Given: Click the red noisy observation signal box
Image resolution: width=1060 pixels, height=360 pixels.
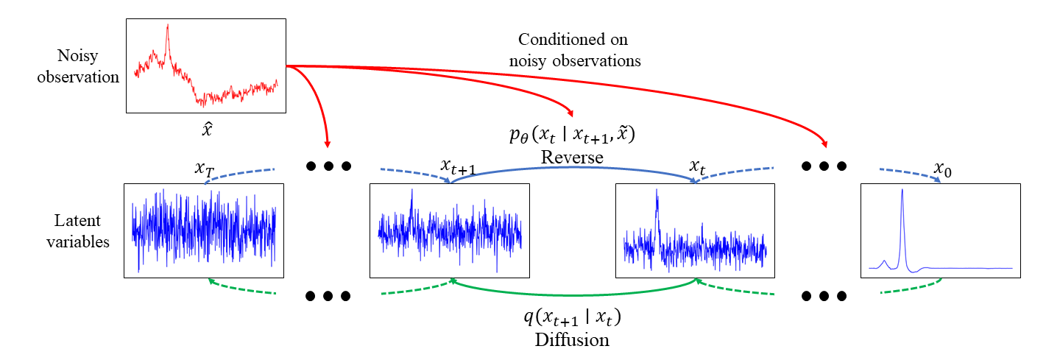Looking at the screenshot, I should [x=206, y=66].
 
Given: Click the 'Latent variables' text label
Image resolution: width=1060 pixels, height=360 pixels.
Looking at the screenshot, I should [x=82, y=230].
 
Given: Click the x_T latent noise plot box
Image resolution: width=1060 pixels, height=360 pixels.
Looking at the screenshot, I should [x=204, y=230].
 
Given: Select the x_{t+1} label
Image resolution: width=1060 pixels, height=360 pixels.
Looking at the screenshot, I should [x=456, y=166].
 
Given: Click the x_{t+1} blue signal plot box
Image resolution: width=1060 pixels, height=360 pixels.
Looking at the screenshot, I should [x=449, y=230].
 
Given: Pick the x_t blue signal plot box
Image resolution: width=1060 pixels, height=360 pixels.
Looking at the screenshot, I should [x=695, y=230].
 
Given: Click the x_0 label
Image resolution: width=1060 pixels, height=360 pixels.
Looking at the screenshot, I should [x=943, y=169].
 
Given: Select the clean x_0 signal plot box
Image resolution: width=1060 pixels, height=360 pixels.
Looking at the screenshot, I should [x=940, y=230].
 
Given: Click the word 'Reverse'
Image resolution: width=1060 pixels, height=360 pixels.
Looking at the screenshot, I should [x=572, y=158].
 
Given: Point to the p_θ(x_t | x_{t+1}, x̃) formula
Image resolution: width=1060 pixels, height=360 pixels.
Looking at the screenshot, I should [x=571, y=135].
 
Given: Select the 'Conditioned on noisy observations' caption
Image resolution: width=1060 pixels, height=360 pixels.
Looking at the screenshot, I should [x=574, y=49].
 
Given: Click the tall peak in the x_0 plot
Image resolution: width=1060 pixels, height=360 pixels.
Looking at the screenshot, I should [x=902, y=213].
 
